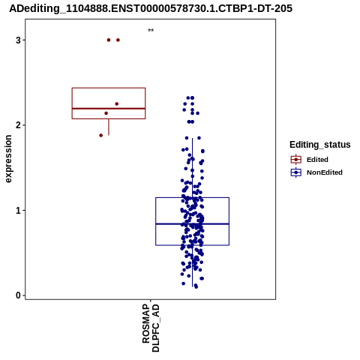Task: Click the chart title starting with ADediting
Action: pos(151,8)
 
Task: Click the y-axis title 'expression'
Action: pos(8,159)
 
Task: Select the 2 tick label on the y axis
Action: pos(19,125)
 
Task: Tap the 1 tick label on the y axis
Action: pos(19,211)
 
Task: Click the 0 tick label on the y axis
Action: pos(19,295)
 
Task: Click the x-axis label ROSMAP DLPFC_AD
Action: pos(151,328)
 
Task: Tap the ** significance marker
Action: pos(151,31)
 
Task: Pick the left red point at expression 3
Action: pos(109,40)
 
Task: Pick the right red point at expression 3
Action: pos(118,40)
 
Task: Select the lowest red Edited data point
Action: pos(101,136)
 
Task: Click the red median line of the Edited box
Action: pos(109,109)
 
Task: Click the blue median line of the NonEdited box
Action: pos(193,223)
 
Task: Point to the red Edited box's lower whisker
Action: pos(109,127)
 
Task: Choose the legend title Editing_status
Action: pos(320,145)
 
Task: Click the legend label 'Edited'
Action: pos(317,160)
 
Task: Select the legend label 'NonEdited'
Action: pos(325,172)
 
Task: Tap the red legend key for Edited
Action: pos(296,160)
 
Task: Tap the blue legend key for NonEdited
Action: pos(296,172)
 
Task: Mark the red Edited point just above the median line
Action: pos(117,103)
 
